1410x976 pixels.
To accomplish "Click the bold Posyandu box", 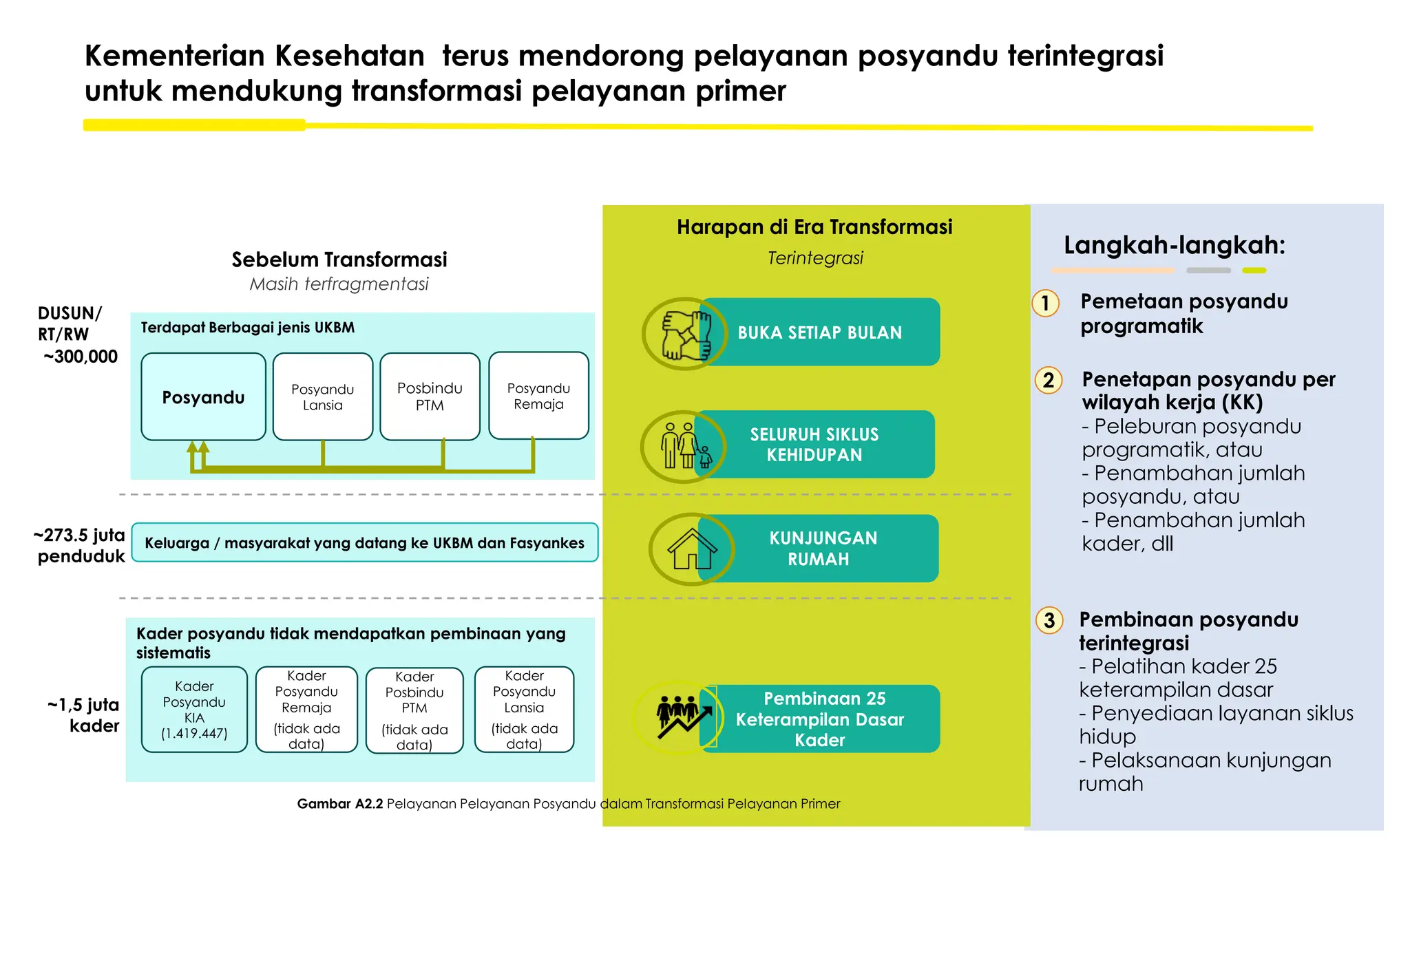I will tap(203, 397).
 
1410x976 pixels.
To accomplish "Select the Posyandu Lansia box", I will tap(322, 397).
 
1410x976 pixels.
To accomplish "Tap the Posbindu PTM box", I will tap(430, 397).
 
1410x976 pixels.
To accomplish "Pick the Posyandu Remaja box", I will tap(538, 396).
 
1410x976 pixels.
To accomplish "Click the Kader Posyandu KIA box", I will tap(194, 710).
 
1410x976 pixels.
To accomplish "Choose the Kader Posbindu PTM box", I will tap(414, 710).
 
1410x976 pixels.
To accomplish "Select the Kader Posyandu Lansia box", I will tap(524, 710).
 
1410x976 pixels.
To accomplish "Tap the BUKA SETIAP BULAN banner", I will tap(819, 332).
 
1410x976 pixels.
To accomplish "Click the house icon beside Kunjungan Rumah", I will tap(691, 549).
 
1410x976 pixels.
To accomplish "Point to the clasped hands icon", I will tap(685, 335).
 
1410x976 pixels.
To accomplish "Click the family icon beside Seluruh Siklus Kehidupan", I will tap(684, 446).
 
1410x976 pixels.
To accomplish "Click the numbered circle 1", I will tap(1045, 304).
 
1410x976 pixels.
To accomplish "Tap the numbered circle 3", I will tap(1049, 621).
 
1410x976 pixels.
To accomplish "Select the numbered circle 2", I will tap(1049, 380).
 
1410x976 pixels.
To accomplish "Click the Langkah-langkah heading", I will tap(1174, 245).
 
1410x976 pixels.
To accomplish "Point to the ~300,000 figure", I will tap(81, 357).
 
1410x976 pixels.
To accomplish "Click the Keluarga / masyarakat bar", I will tap(364, 543).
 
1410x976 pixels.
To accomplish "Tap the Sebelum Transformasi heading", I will tap(339, 259).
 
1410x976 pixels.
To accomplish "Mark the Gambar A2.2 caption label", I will tap(339, 804).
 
